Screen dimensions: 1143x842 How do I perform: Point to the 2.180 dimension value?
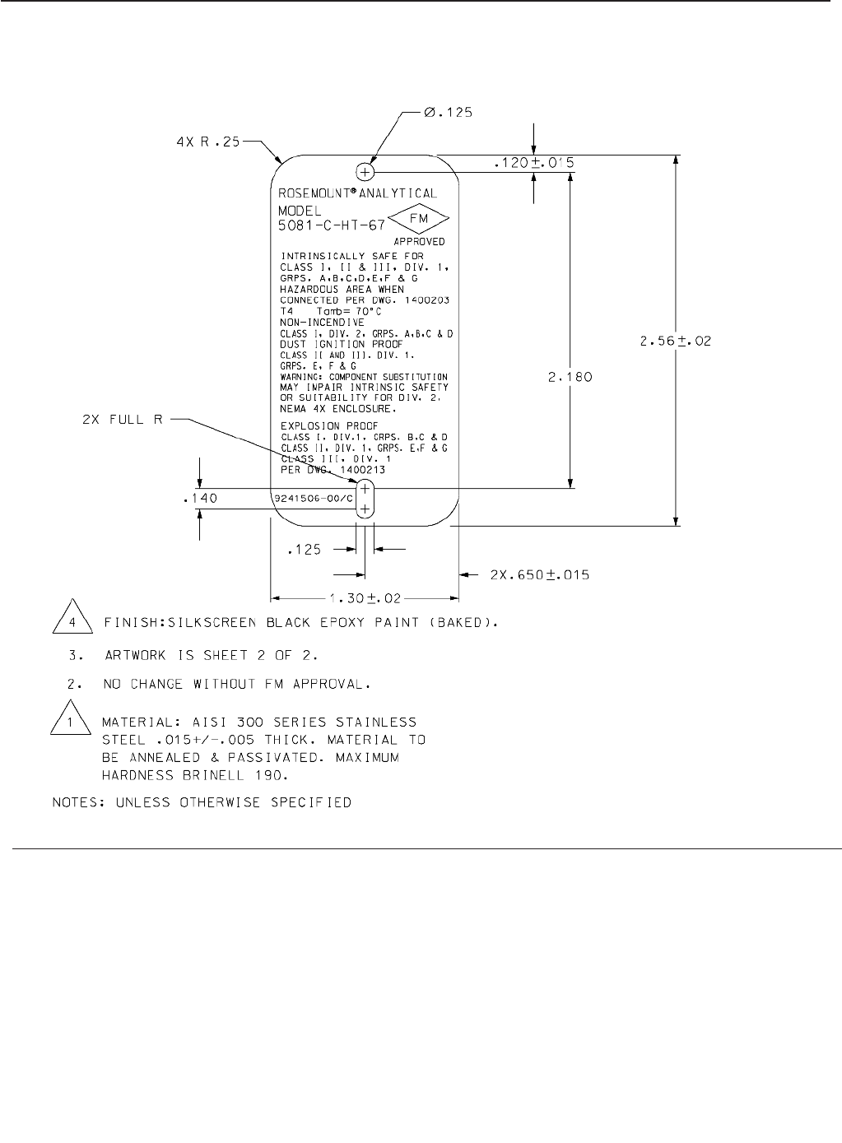[570, 378]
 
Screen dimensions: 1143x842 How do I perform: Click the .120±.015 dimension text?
[533, 164]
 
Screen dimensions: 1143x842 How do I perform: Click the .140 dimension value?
[199, 498]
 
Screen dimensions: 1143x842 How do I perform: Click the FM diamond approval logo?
[418, 220]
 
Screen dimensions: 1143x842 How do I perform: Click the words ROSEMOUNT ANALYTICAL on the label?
[358, 194]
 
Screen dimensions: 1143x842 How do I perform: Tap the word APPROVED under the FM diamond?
[419, 242]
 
